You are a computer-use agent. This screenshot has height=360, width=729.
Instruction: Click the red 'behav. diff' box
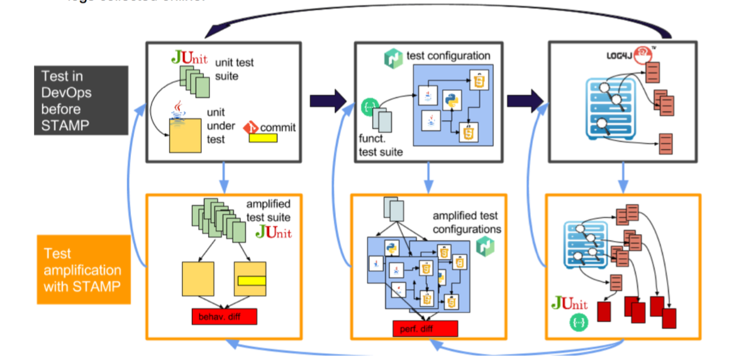point(225,317)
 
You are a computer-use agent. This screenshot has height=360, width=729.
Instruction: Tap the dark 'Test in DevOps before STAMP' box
point(81,101)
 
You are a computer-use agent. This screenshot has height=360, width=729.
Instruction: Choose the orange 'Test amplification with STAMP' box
point(84,270)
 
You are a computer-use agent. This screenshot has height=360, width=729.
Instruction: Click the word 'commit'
point(277,127)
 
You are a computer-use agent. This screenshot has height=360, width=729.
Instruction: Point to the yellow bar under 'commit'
point(268,137)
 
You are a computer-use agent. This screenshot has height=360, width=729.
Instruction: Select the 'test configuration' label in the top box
point(448,56)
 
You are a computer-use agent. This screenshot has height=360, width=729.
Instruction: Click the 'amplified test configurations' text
point(467,222)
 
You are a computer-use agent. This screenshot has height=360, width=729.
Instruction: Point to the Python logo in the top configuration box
point(450,99)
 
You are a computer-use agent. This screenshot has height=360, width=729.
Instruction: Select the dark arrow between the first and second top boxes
point(328,99)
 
